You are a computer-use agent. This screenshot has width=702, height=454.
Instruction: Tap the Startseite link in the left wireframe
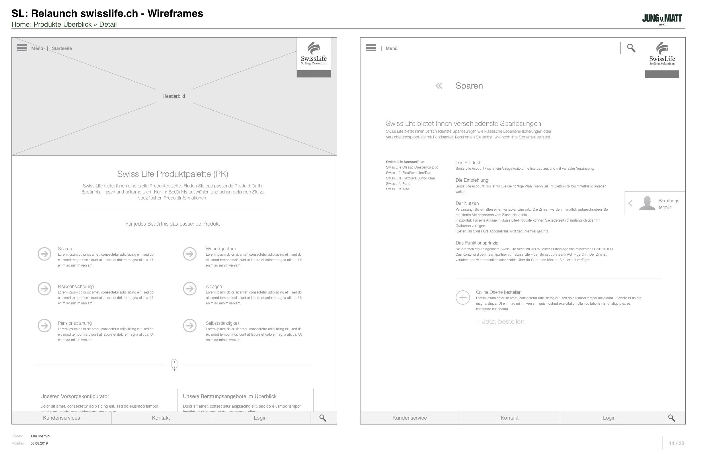(x=62, y=48)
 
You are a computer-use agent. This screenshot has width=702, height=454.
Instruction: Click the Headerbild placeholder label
(x=174, y=96)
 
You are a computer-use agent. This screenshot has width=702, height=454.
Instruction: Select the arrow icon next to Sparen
(x=44, y=254)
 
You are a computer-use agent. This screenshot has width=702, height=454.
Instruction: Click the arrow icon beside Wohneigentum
(x=190, y=254)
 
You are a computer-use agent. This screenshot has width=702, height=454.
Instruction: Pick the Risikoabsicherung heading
(x=76, y=287)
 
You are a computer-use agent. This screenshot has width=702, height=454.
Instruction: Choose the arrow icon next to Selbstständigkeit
(x=190, y=326)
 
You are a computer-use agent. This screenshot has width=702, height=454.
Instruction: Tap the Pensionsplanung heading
(x=75, y=323)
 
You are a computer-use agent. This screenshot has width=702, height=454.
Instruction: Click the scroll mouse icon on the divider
(x=174, y=365)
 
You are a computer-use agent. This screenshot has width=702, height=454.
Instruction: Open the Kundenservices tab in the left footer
(x=61, y=418)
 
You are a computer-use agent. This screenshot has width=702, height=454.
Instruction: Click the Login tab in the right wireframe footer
(x=609, y=418)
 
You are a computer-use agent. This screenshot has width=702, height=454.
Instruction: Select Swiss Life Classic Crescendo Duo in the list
(x=412, y=167)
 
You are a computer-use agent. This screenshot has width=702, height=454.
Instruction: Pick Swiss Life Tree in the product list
(x=397, y=189)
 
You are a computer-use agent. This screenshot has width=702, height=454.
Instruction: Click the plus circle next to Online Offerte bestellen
(x=463, y=298)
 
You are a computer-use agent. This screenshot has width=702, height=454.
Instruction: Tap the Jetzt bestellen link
(x=500, y=322)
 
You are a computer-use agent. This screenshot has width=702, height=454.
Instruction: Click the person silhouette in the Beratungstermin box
(x=647, y=203)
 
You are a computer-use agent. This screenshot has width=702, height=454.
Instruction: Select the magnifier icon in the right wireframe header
(x=631, y=48)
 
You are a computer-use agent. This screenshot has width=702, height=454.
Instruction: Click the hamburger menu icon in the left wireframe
(x=22, y=48)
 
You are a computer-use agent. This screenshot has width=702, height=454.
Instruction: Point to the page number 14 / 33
(x=676, y=443)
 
